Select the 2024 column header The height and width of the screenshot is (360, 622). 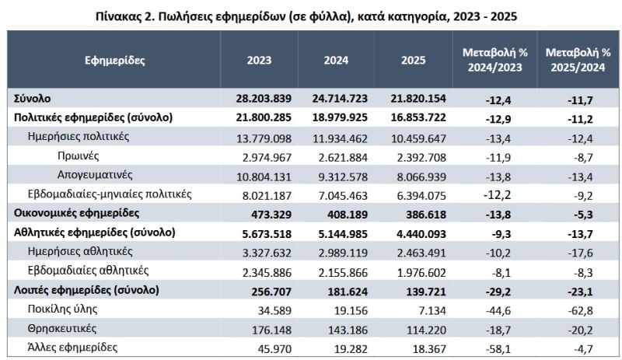pyautogui.click(x=336, y=60)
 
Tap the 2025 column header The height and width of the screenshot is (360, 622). pyautogui.click(x=413, y=60)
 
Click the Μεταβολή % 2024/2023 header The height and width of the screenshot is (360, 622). pyautogui.click(x=494, y=60)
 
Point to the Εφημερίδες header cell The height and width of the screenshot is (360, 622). pyautogui.click(x=115, y=60)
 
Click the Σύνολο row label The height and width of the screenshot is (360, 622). pyautogui.click(x=34, y=99)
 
